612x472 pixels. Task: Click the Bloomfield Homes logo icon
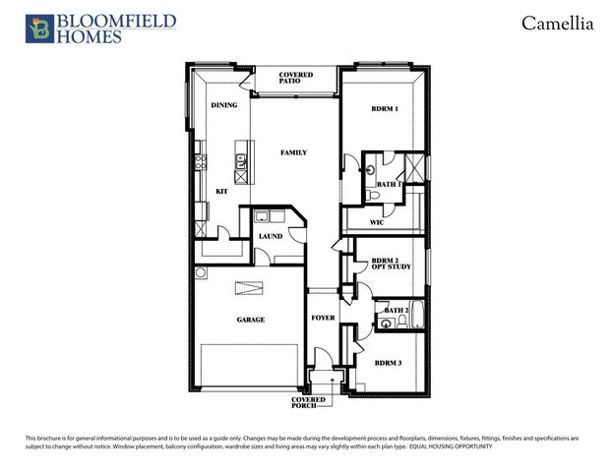[39, 29]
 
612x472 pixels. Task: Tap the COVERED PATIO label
[295, 78]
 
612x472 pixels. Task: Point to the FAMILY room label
[293, 152]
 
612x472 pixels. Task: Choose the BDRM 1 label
[384, 108]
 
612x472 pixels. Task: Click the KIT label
[221, 191]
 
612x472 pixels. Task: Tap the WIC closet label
[376, 223]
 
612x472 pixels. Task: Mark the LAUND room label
[270, 236]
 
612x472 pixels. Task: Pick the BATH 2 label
[397, 310]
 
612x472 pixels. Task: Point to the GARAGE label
[250, 319]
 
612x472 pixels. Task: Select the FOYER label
[323, 318]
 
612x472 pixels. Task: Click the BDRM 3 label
[387, 363]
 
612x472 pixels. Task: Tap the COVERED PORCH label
[307, 403]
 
